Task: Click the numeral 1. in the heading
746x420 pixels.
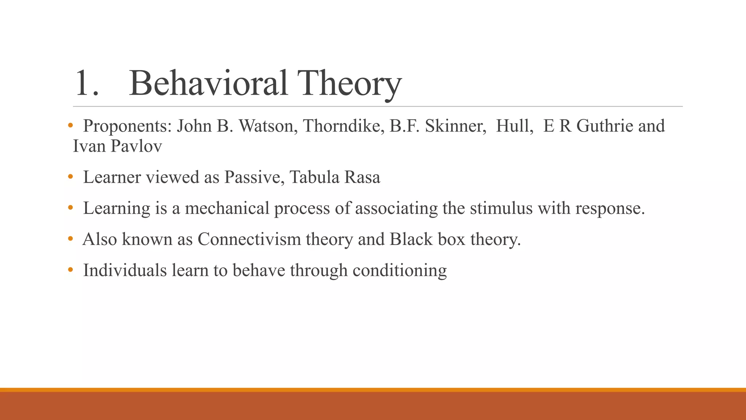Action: [86, 84]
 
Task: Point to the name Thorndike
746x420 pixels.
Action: [343, 126]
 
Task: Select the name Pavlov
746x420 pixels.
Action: [136, 147]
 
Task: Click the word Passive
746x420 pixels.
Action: [254, 178]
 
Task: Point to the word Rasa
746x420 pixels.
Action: [362, 178]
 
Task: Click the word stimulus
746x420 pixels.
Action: [501, 209]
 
